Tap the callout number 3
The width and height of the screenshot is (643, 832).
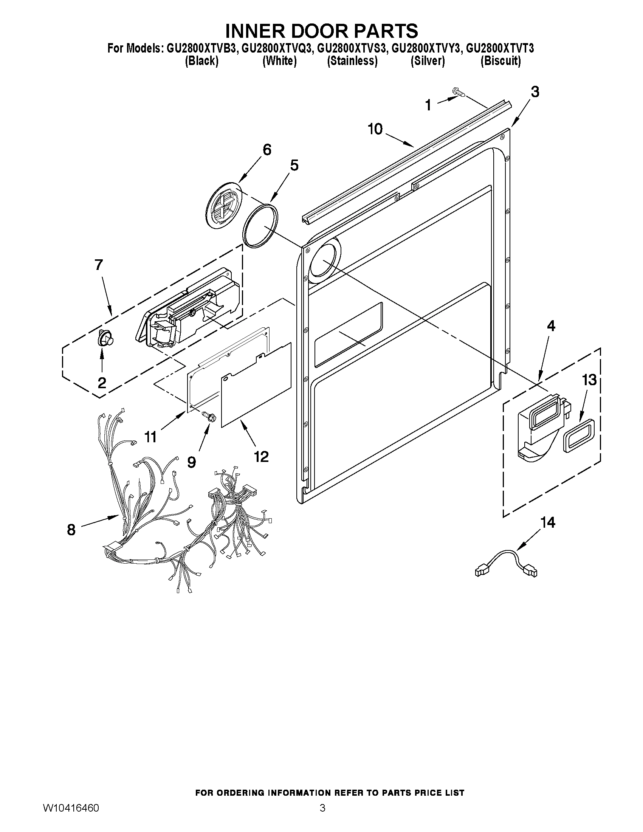click(x=535, y=92)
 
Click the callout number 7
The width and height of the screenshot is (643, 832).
click(x=99, y=264)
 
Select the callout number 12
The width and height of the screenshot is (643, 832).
click(x=261, y=456)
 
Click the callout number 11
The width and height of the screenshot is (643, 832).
click(x=151, y=437)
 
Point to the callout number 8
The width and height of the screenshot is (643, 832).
click(x=71, y=530)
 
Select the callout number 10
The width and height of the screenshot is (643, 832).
click(x=375, y=129)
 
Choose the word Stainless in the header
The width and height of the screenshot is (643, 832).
click(x=352, y=61)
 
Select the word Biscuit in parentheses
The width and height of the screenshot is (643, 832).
click(x=500, y=61)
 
